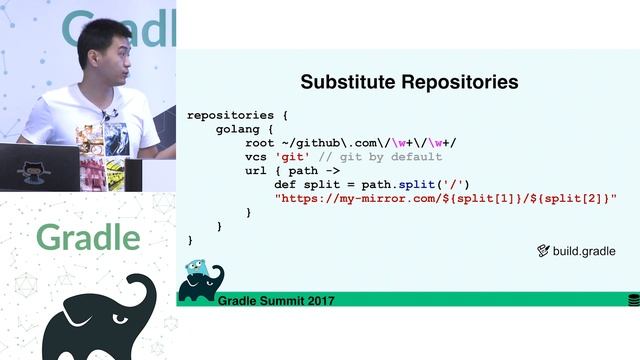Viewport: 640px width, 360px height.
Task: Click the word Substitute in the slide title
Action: [347, 82]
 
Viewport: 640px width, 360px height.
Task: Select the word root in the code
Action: [260, 143]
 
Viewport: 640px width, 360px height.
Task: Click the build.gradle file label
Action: [584, 251]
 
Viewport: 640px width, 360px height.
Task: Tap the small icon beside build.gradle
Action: [544, 251]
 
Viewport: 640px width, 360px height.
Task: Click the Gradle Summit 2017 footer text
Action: [277, 300]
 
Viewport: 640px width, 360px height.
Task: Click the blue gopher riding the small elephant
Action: [197, 268]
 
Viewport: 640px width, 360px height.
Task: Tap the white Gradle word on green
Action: [88, 237]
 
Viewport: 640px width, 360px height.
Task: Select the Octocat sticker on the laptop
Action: [34, 169]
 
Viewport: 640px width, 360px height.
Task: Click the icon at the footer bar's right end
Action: [633, 299]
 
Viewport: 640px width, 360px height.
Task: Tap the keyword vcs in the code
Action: [256, 157]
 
